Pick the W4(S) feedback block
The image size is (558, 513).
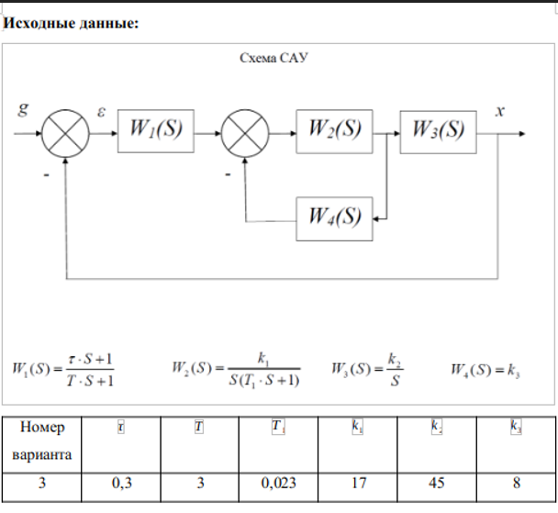(x=334, y=217)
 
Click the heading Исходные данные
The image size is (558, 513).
(x=72, y=22)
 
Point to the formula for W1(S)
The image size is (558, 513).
(x=64, y=370)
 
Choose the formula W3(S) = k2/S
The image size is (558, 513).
(x=367, y=370)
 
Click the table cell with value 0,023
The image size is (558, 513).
(x=277, y=484)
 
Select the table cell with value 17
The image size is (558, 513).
(x=357, y=484)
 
